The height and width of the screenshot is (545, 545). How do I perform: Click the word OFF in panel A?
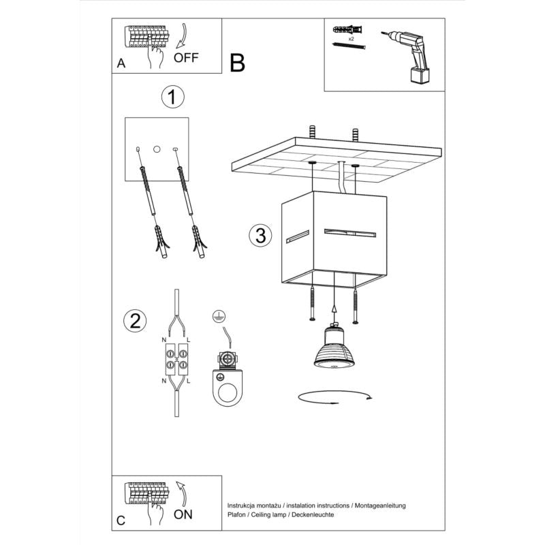click(185, 58)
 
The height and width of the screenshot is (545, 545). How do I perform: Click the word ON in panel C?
click(183, 514)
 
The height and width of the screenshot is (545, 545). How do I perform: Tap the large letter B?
click(237, 63)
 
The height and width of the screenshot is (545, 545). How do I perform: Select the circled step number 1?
click(173, 97)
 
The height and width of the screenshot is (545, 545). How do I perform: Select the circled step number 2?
click(135, 321)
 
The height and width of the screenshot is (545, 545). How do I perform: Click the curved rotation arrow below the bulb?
click(334, 398)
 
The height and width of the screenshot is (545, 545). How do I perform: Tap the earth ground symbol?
click(218, 316)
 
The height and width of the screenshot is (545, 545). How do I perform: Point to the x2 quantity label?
click(351, 40)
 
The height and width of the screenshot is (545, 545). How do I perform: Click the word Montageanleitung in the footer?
click(380, 505)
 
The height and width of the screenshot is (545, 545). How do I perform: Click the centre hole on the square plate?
click(157, 148)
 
